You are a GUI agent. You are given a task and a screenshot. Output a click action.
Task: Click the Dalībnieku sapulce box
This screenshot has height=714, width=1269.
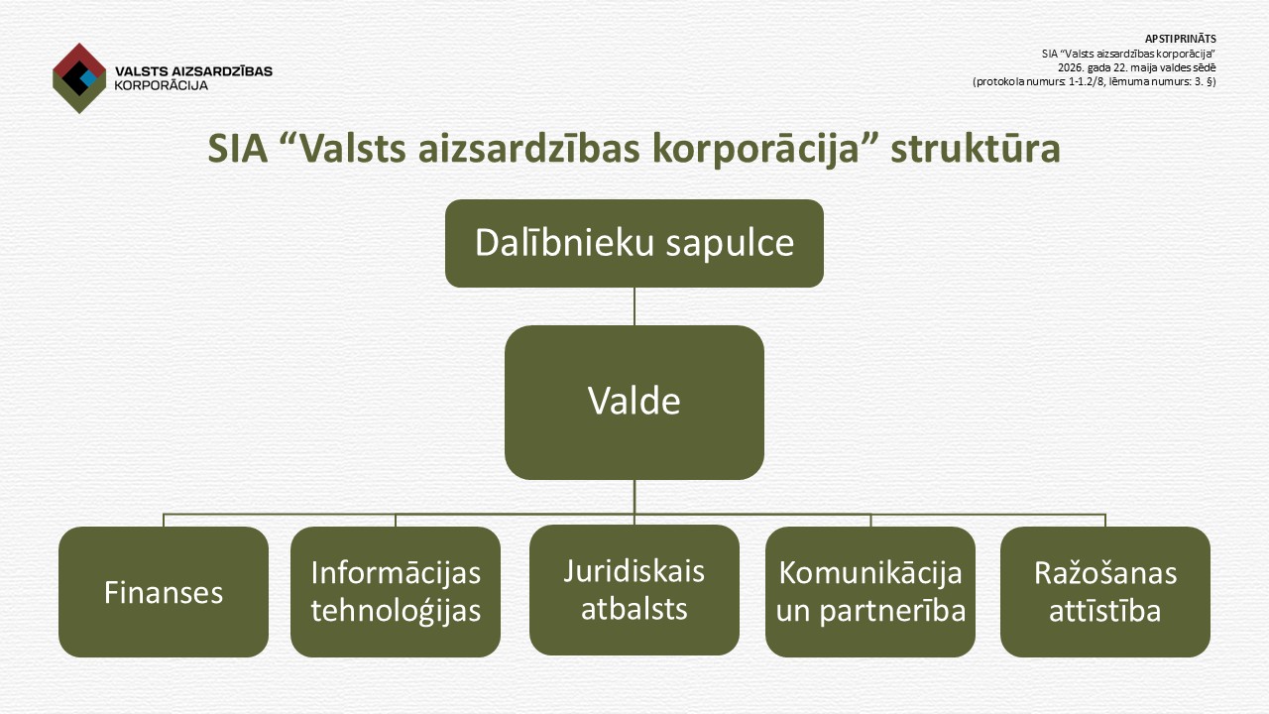click(x=634, y=243)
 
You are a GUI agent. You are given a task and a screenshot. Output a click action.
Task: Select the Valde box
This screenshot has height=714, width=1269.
click(x=634, y=403)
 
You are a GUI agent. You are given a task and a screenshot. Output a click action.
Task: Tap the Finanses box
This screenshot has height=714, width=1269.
click(x=164, y=592)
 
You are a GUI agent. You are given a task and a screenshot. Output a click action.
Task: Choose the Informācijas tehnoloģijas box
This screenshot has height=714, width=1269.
click(x=396, y=592)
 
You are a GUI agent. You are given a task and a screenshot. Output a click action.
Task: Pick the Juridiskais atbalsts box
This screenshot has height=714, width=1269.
click(x=634, y=590)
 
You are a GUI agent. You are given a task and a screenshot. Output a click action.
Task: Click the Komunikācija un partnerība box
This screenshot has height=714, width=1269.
click(x=870, y=592)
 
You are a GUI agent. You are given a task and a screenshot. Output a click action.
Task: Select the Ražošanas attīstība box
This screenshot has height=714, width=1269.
click(x=1105, y=592)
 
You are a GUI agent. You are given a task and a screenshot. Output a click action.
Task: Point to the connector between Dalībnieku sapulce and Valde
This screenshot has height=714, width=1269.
click(x=634, y=306)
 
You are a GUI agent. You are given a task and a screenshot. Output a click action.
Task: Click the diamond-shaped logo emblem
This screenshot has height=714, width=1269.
click(x=79, y=78)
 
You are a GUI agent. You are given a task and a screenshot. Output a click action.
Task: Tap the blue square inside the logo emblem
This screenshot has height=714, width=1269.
click(x=88, y=77)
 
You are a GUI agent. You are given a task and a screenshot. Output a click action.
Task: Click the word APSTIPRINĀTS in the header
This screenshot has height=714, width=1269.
click(x=1180, y=39)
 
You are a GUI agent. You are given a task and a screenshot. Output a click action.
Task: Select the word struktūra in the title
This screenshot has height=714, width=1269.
click(x=975, y=149)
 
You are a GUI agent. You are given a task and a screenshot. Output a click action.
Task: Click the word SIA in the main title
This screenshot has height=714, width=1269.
click(x=237, y=149)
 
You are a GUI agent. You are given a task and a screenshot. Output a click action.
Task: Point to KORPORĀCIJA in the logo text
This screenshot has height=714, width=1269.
click(x=161, y=86)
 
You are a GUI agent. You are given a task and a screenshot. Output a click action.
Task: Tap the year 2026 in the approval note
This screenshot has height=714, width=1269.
click(x=1069, y=68)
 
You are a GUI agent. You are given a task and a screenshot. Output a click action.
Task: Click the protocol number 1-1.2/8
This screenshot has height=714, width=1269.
click(x=1086, y=81)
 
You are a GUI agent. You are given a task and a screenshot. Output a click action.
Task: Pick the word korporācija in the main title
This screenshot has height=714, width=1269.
click(x=756, y=150)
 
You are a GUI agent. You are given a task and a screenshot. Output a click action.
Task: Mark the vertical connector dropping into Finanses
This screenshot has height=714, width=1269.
click(x=164, y=521)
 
